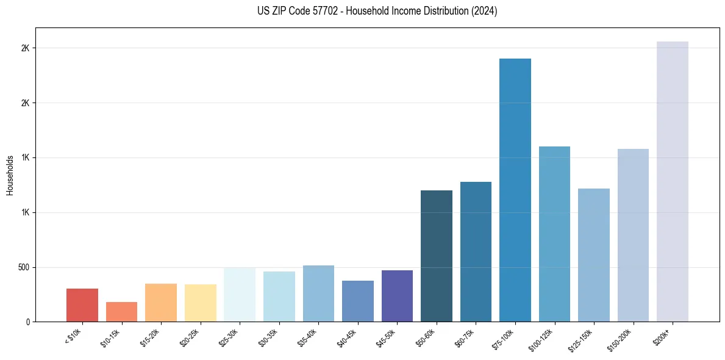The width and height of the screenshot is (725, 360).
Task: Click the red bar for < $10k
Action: pos(82,305)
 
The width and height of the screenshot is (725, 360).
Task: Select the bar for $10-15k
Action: pos(121,312)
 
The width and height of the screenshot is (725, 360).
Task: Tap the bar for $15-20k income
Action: pos(161,303)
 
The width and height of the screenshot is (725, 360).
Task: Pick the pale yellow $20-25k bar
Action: pos(201,303)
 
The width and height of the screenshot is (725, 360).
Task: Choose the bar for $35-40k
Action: pos(318,293)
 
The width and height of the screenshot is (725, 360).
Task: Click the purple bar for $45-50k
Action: pos(397,296)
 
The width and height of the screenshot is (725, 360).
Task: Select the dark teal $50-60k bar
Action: pos(437,256)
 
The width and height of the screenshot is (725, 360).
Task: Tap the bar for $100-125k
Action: pos(554,234)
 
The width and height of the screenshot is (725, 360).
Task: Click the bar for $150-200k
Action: pos(633,236)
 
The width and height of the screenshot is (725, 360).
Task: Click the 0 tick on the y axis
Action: pos(28,322)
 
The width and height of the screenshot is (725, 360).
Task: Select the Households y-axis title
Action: pos(10,175)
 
